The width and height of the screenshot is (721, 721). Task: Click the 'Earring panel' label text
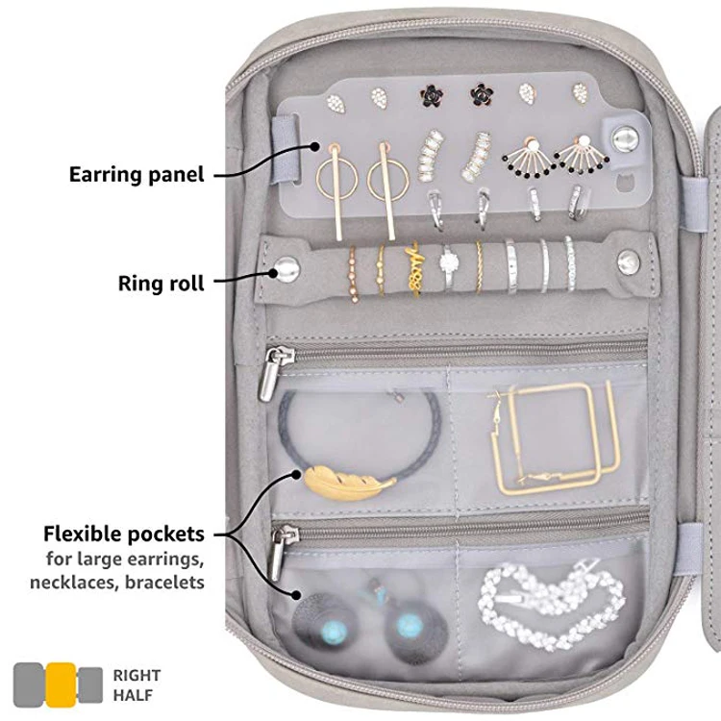pos(137,175)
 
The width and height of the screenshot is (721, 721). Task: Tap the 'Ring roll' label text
pos(162,284)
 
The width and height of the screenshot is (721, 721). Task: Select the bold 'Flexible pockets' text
pos(124,534)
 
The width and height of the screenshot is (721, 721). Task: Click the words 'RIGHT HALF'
pos(137,684)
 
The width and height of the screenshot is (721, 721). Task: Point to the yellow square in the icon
pos(61,685)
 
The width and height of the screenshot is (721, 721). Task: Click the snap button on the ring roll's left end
pos(286,268)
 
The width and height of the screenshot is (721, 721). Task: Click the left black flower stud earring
pos(428,94)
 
